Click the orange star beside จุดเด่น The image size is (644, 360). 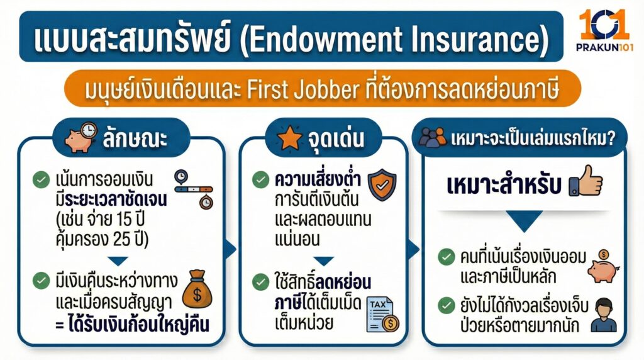[290, 139]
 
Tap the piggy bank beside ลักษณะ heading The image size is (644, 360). [81, 136]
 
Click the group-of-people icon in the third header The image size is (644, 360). [433, 138]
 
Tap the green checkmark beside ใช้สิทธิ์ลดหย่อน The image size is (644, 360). [260, 280]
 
